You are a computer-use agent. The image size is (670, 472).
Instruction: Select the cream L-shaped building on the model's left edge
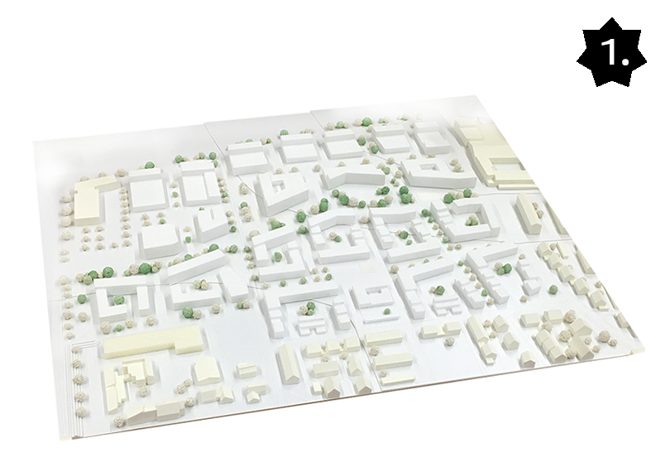(88, 198)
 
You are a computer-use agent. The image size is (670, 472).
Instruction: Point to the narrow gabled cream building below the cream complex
(529, 214)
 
